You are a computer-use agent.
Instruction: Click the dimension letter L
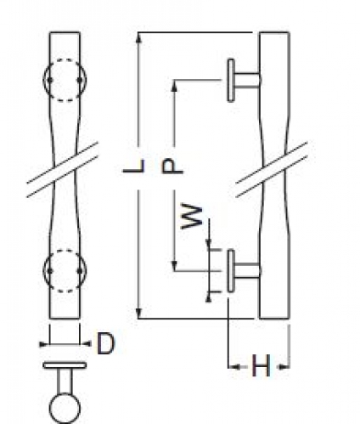(134, 166)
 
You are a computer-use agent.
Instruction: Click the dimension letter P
(172, 167)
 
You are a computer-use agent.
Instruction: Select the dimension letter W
(192, 216)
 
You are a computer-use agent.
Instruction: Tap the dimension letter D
(106, 343)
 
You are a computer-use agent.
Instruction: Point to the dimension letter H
(261, 366)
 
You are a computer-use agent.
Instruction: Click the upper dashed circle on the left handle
(65, 80)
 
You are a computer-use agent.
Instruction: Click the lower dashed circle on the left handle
(65, 270)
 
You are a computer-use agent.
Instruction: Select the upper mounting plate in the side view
(231, 80)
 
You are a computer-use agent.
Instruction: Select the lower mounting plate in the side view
(231, 271)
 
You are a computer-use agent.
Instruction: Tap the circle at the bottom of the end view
(65, 408)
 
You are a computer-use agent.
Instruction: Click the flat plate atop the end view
(65, 365)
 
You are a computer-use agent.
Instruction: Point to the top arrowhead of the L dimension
(138, 37)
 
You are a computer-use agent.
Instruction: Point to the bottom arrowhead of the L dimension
(138, 314)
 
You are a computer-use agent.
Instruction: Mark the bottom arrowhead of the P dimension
(175, 266)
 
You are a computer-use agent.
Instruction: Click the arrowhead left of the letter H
(233, 367)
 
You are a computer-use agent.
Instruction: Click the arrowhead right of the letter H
(284, 367)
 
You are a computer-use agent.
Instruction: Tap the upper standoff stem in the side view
(247, 80)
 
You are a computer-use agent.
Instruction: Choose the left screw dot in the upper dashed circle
(50, 80)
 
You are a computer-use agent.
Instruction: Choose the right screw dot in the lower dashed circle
(80, 271)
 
